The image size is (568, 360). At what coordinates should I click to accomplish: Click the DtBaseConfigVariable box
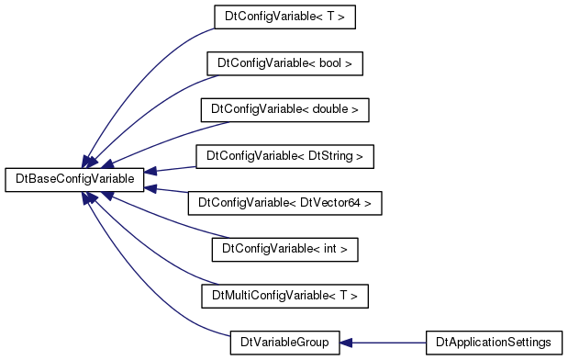coord(74,180)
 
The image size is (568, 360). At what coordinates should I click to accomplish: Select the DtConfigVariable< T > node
coord(284,17)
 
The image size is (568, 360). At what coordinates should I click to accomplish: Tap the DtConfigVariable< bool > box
coord(284,63)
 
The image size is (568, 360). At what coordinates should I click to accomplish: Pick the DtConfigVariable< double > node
coord(284,110)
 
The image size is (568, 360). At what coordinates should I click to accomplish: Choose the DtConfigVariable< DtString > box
coord(284,157)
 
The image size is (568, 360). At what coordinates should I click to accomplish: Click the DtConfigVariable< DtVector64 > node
coord(284,203)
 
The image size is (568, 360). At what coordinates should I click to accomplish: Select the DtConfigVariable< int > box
coord(284,250)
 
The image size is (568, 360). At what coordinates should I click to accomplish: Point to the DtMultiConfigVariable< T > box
coord(284,297)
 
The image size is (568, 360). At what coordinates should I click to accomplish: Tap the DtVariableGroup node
coord(284,343)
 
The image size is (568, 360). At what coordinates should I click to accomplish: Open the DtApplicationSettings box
coord(494,343)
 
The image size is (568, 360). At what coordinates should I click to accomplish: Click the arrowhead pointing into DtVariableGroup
coord(346,343)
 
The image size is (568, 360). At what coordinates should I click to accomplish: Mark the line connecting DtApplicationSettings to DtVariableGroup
coord(389,343)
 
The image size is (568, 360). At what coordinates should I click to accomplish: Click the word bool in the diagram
coord(330,63)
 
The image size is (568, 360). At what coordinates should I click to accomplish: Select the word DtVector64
coord(330,203)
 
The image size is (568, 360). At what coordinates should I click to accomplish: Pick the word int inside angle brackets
coord(330,249)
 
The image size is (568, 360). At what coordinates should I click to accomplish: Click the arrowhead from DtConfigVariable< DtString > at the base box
coord(150,171)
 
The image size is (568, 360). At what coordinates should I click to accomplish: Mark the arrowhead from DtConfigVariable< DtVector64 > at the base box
coord(150,188)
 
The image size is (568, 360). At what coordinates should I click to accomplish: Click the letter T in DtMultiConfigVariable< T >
coord(344,296)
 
